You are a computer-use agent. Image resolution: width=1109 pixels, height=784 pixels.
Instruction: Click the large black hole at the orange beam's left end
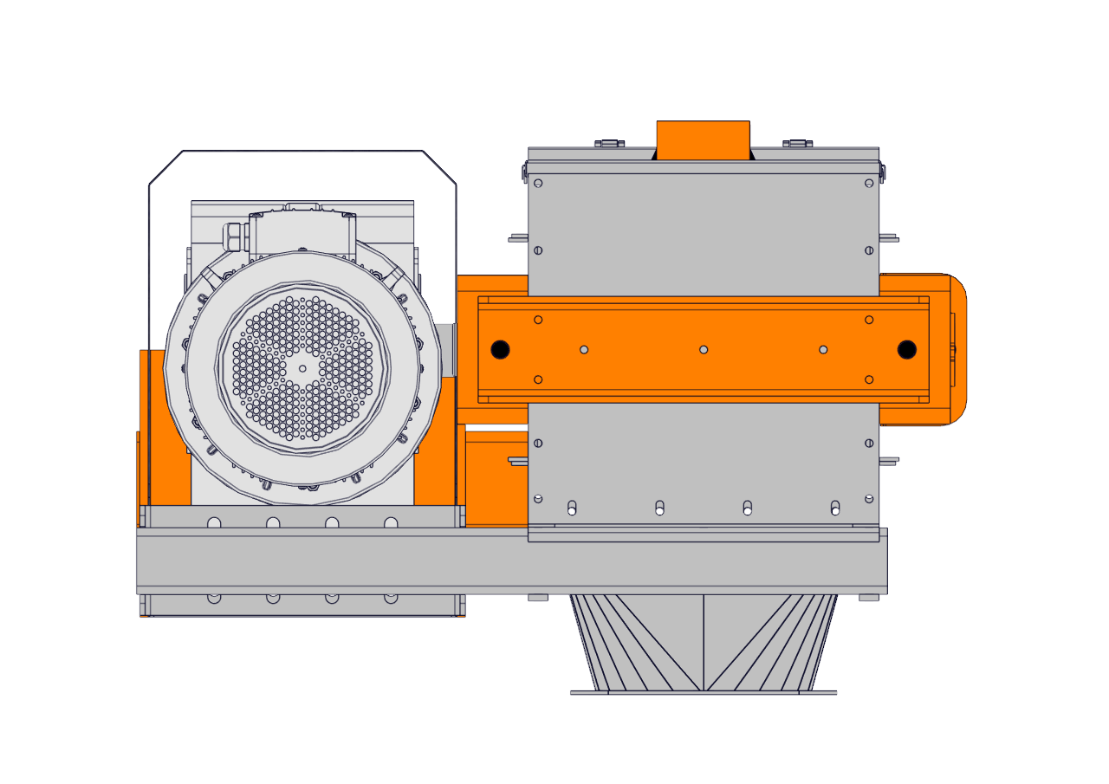500,350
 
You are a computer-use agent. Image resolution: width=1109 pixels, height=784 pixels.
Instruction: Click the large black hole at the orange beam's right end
906,350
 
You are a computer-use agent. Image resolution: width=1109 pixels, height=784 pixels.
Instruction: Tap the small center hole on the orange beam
704,350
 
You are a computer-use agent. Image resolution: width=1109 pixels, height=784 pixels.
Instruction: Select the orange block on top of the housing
703,139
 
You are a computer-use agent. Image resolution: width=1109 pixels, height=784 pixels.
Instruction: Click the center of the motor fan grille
302,367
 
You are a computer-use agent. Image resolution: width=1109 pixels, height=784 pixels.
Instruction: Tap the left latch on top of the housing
609,143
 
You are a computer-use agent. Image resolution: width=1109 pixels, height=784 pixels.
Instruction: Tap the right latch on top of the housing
797,143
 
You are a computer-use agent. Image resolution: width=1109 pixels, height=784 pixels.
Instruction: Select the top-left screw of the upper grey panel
538,183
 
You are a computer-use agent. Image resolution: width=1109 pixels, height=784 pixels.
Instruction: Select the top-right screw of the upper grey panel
869,183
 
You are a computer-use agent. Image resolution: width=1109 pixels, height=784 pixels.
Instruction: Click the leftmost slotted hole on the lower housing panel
571,507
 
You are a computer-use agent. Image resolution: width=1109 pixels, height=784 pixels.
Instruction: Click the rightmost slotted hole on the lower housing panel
835,507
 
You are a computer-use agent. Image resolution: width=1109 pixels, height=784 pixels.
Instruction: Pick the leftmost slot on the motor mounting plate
214,522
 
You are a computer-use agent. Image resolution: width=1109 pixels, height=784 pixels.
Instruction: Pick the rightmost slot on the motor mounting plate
391,522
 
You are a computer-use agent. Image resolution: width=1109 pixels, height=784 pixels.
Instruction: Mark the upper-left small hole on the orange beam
538,320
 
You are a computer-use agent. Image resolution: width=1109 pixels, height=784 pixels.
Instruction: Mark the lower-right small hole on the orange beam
869,379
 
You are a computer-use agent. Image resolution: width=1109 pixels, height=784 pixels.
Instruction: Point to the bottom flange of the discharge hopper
703,692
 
